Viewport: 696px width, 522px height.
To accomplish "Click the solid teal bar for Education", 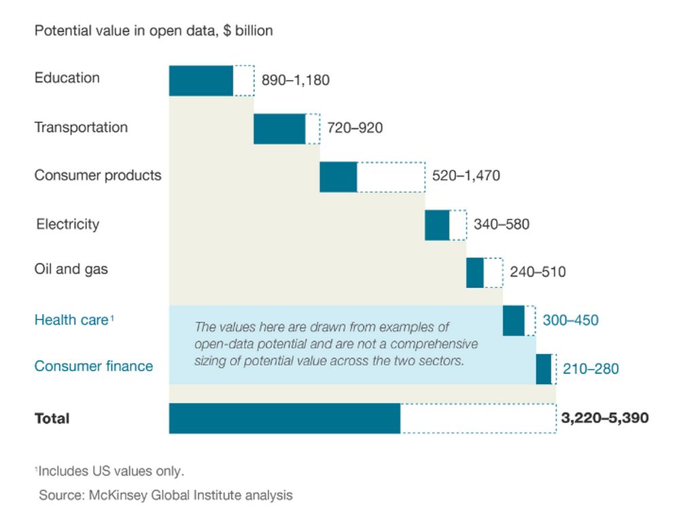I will coord(201,81).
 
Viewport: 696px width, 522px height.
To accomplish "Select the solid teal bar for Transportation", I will coord(279,129).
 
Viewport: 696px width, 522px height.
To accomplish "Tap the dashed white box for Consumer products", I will coord(391,177).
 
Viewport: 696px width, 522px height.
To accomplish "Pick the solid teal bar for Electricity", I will coord(437,225).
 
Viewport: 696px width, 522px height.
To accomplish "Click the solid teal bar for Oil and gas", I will coord(475,273).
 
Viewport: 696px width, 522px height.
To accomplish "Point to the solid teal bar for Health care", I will coord(514,321).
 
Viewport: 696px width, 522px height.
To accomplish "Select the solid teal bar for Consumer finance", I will coord(543,369).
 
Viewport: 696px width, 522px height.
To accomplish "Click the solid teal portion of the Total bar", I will coord(284,418).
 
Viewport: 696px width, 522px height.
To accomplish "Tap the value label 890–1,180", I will coord(296,81).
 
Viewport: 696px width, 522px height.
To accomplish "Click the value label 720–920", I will coord(355,128).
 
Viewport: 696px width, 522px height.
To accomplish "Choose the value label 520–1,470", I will coord(466,176).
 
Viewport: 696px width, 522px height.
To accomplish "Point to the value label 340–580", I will coord(502,224).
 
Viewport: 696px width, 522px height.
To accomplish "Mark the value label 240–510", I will coord(538,272).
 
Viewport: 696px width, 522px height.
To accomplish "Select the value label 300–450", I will coord(571,319).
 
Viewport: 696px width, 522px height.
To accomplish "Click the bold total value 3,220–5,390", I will coord(605,417).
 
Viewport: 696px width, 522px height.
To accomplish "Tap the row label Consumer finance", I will coord(94,366).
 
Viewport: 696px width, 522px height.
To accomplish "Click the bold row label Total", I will coord(52,418).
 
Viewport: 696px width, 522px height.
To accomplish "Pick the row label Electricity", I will coord(67,224).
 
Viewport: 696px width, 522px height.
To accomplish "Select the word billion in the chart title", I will coord(254,31).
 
